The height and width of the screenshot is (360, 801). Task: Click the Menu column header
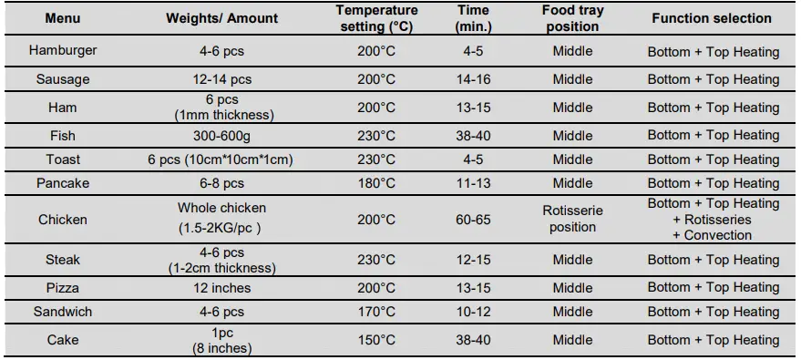click(63, 18)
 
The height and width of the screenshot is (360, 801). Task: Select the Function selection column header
click(711, 18)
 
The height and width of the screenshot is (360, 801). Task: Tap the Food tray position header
click(572, 18)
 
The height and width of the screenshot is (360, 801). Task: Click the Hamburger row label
click(63, 51)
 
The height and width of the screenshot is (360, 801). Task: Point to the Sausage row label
click(63, 79)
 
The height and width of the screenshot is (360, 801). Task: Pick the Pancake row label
click(63, 183)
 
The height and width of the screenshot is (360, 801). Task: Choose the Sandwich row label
click(63, 312)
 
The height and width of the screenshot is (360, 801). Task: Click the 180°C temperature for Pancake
click(376, 183)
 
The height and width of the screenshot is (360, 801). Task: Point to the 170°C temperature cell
click(376, 312)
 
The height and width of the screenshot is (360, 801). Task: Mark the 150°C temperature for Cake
click(376, 340)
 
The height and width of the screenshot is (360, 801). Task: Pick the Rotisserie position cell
click(572, 219)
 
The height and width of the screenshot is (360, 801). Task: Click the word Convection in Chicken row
click(718, 235)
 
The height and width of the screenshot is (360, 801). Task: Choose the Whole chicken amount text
click(222, 208)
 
